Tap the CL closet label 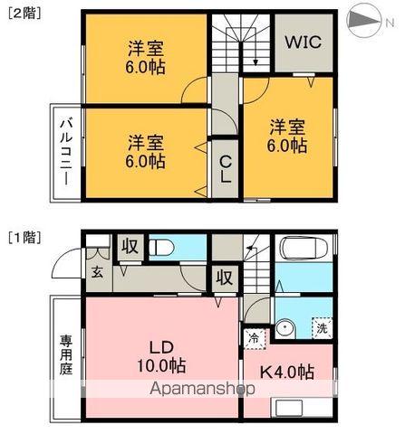coord(227,169)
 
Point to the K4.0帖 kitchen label coord(288,372)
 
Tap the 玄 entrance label coord(96,270)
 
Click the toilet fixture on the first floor coord(163,246)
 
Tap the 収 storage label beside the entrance coord(130,245)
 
